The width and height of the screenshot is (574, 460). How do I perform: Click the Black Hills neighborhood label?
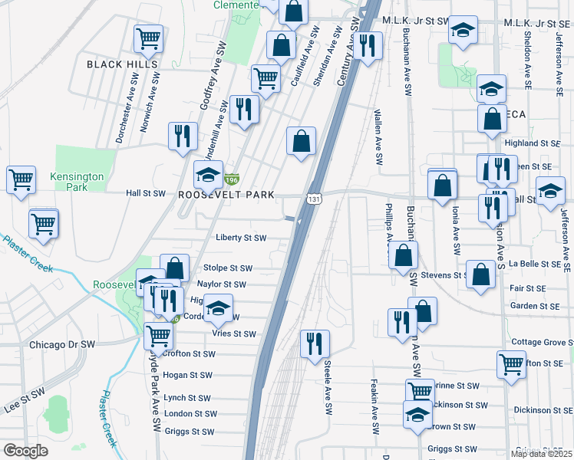pos(122,64)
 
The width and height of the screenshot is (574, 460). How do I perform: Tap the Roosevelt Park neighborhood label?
pos(226,195)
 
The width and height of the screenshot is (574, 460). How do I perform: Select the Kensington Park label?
pos(77,182)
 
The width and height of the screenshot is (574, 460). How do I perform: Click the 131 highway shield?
pos(315,199)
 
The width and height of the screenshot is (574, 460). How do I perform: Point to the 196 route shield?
pos(230,179)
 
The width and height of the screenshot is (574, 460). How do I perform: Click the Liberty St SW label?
pos(241,238)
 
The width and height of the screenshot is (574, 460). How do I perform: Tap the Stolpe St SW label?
pos(228,268)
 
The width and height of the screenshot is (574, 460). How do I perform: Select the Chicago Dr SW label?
pos(61,345)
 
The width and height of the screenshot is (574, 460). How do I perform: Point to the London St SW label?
pos(188,413)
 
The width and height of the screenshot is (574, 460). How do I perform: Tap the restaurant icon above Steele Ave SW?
pos(313,343)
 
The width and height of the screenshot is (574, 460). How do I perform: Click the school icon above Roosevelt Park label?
pos(208,176)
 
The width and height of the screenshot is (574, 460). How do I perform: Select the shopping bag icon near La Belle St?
pos(480,276)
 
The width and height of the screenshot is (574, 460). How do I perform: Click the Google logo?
pos(26,451)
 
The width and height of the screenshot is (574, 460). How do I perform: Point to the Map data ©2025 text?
pos(542,454)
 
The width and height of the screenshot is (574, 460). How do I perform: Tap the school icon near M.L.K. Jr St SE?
pos(463,30)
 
